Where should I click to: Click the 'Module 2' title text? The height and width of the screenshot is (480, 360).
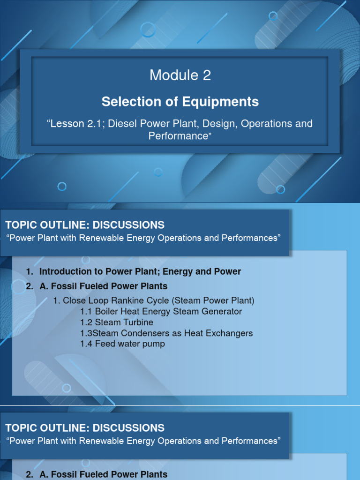[x=180, y=75]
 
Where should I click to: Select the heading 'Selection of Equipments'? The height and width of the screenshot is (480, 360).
[x=180, y=102]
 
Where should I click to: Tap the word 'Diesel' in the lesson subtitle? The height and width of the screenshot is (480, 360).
[x=126, y=124]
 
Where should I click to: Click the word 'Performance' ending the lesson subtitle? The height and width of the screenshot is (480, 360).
[x=177, y=136]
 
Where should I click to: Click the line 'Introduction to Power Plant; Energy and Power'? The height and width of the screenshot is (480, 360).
[x=140, y=271]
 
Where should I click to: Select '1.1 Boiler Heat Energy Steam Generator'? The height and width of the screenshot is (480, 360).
[x=161, y=311]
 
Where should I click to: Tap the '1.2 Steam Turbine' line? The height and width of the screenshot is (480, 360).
[x=117, y=322]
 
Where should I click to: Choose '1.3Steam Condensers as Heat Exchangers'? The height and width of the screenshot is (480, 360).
[x=166, y=333]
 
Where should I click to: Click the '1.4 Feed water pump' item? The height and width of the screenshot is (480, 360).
[x=122, y=344]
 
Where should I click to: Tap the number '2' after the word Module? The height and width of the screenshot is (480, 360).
[x=207, y=75]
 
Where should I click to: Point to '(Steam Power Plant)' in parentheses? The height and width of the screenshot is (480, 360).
[x=213, y=300]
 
